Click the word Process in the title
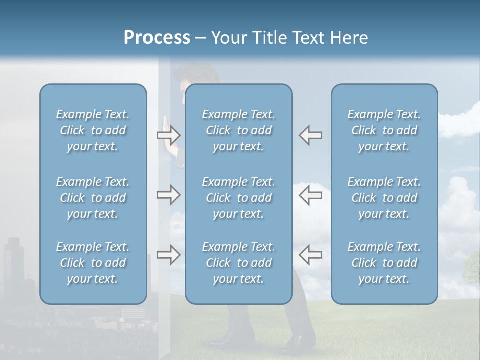click(x=157, y=37)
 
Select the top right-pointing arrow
click(x=168, y=135)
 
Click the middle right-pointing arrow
click(x=168, y=195)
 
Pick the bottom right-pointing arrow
click(x=168, y=255)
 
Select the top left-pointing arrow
click(x=310, y=135)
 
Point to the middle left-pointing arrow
click(x=310, y=195)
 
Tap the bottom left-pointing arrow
click(x=310, y=255)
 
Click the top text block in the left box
click(x=93, y=130)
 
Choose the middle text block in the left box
click(x=93, y=198)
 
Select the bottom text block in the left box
click(x=93, y=263)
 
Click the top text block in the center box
click(x=238, y=130)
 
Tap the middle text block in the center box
click(x=238, y=198)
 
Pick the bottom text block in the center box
click(x=238, y=263)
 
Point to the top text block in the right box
click(x=384, y=130)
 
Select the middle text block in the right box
click(x=384, y=198)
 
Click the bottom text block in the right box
click(x=384, y=263)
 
